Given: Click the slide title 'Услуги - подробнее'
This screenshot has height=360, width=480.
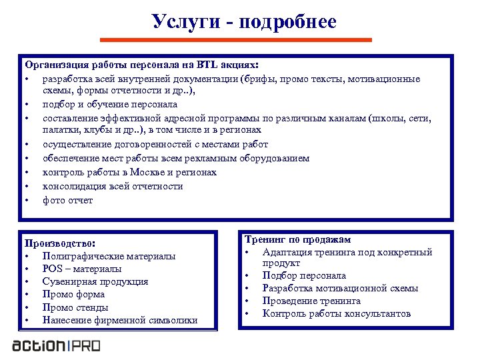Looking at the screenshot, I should (x=243, y=21).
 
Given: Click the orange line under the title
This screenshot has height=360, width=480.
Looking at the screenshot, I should (x=243, y=40).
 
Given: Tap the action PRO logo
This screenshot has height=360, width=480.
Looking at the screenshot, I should (x=56, y=346).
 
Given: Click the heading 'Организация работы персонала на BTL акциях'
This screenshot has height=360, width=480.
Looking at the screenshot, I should (x=141, y=65).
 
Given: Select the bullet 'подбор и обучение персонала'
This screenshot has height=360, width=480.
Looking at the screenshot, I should (x=110, y=104).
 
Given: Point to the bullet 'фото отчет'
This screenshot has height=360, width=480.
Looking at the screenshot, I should (x=67, y=200).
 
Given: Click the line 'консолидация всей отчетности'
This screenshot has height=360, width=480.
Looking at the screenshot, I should (x=113, y=186).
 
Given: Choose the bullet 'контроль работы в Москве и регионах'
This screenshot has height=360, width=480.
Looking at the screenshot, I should (x=129, y=172).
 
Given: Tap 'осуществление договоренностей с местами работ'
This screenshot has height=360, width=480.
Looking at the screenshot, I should (x=155, y=144).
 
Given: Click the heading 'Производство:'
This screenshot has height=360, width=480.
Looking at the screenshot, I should (x=60, y=243).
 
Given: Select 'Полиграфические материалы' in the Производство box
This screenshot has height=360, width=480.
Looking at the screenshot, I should (x=109, y=256).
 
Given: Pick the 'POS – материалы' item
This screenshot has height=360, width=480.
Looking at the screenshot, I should (x=82, y=269).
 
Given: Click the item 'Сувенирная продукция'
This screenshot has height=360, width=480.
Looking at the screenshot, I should (x=95, y=281).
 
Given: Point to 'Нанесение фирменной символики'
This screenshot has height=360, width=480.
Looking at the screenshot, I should (x=120, y=320).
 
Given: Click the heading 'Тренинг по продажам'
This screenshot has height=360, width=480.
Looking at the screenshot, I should (x=297, y=239).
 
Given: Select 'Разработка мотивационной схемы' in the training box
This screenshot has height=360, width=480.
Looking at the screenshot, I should (x=340, y=288).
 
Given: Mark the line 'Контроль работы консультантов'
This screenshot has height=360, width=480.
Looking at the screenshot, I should (x=337, y=313).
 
